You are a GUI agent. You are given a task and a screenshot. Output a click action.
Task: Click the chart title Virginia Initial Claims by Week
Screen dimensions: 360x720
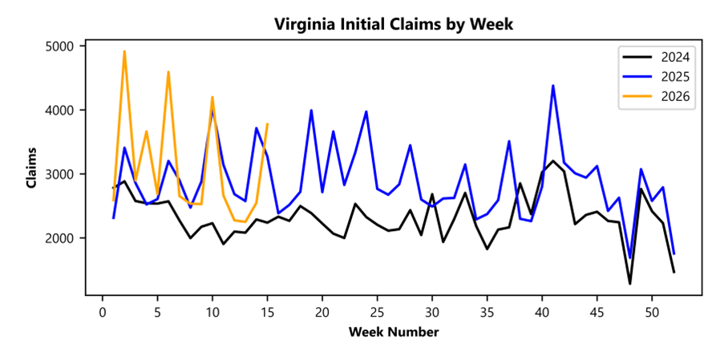393,24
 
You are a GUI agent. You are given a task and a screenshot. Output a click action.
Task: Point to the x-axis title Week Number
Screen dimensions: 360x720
393,332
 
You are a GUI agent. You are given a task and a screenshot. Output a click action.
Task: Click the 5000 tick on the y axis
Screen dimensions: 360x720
62,47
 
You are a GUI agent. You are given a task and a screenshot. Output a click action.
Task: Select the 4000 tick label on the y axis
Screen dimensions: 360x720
62,111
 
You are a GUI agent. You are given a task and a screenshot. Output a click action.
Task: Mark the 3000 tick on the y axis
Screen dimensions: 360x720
62,175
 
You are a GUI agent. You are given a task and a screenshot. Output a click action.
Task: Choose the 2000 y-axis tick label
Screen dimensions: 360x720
62,239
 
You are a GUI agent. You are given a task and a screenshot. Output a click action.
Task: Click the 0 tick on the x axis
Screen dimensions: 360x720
103,312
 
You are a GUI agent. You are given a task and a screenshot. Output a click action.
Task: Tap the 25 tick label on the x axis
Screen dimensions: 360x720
377,312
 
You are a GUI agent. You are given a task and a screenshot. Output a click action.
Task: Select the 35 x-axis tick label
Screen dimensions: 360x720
487,312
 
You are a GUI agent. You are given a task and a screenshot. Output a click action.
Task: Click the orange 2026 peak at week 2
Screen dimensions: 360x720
124,51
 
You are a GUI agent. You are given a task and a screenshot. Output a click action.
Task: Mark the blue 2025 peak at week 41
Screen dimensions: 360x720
553,86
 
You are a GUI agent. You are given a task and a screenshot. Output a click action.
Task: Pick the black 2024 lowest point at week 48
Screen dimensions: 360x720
630,283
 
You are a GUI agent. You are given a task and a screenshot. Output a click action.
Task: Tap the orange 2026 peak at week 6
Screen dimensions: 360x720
168,72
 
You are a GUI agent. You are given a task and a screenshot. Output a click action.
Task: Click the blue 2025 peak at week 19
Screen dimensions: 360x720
311,111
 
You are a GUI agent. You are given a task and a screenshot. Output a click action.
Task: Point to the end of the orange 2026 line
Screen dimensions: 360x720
267,124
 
